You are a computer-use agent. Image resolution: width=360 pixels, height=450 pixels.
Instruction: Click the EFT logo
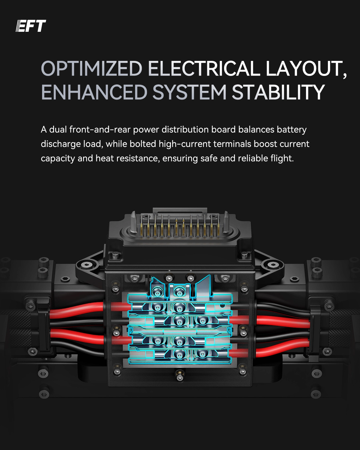[31, 26]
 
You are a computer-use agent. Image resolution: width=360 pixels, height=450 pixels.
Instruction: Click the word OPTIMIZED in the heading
[91, 69]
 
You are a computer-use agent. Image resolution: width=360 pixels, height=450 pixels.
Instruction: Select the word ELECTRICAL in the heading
[204, 69]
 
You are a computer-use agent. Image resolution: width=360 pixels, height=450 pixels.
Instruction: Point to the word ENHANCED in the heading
[94, 92]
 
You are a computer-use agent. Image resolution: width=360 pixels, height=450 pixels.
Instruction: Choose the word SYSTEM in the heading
[189, 92]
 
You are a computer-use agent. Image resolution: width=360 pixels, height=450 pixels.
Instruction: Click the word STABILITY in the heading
[278, 92]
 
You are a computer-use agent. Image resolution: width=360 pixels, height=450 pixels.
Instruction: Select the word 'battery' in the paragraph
[292, 130]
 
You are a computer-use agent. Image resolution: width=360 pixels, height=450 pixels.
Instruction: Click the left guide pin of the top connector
[134, 222]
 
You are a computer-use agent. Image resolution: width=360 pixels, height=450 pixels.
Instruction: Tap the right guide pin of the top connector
[226, 222]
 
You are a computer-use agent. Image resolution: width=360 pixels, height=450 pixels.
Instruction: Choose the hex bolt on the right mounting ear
[272, 265]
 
